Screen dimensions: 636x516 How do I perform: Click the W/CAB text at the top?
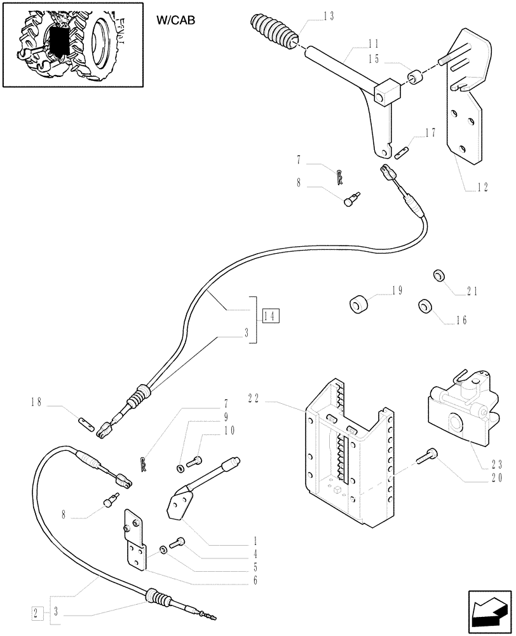tap(175, 20)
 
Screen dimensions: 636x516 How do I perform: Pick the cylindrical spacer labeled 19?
tap(360, 305)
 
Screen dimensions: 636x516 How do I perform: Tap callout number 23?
tap(496, 464)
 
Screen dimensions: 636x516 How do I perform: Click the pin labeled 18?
tap(87, 422)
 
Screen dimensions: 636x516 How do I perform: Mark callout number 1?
tap(254, 542)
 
